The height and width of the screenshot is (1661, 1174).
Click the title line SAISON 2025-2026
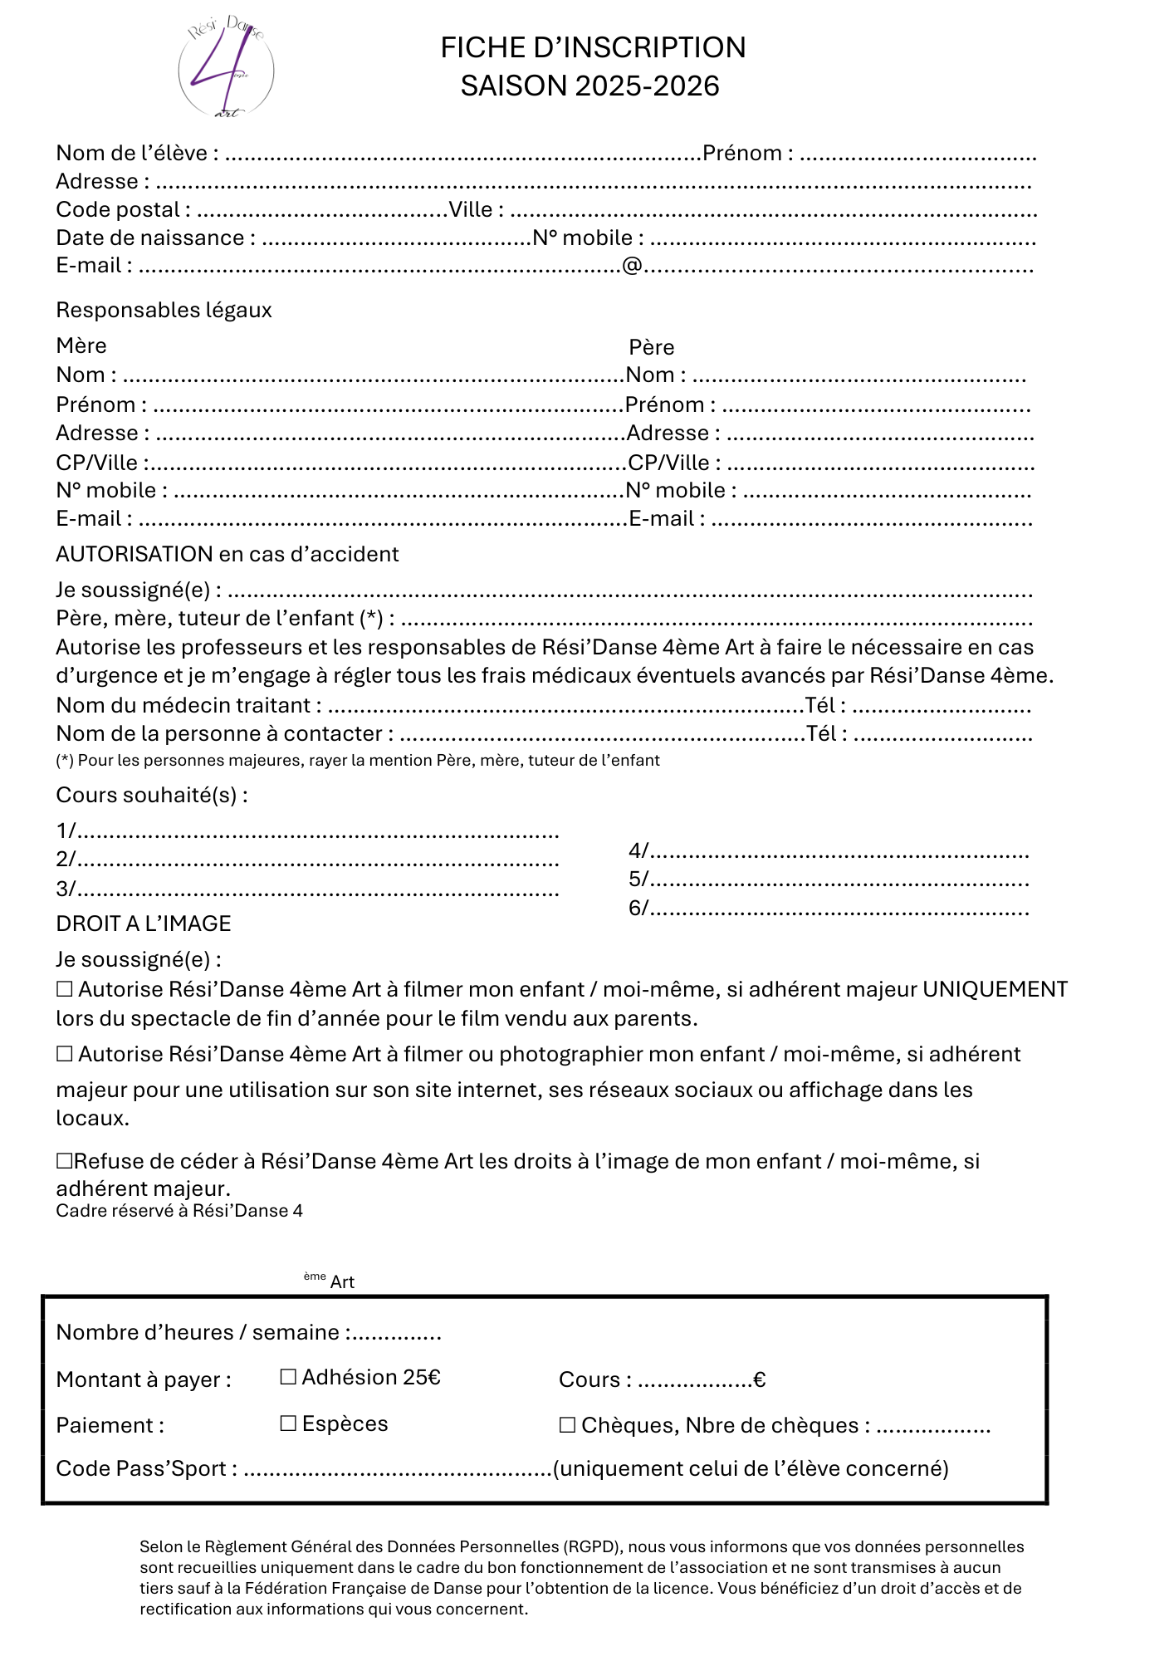589,86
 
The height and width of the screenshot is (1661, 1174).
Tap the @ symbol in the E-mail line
632,266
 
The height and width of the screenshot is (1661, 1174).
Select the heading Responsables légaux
164,311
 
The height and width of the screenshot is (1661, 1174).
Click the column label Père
651,347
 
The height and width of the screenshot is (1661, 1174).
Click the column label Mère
81,345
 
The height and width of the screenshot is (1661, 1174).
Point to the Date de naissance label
150,238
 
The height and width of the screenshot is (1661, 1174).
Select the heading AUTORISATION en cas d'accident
227,555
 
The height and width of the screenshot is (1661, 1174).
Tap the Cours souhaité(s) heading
151,796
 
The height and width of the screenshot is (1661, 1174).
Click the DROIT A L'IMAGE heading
143,924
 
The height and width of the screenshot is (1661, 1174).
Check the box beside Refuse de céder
64,1161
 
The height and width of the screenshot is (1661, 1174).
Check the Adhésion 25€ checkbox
288,1377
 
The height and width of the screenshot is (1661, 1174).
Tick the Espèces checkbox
288,1423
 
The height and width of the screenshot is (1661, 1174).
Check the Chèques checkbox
567,1425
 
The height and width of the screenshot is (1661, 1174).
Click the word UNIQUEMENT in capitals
995,990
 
